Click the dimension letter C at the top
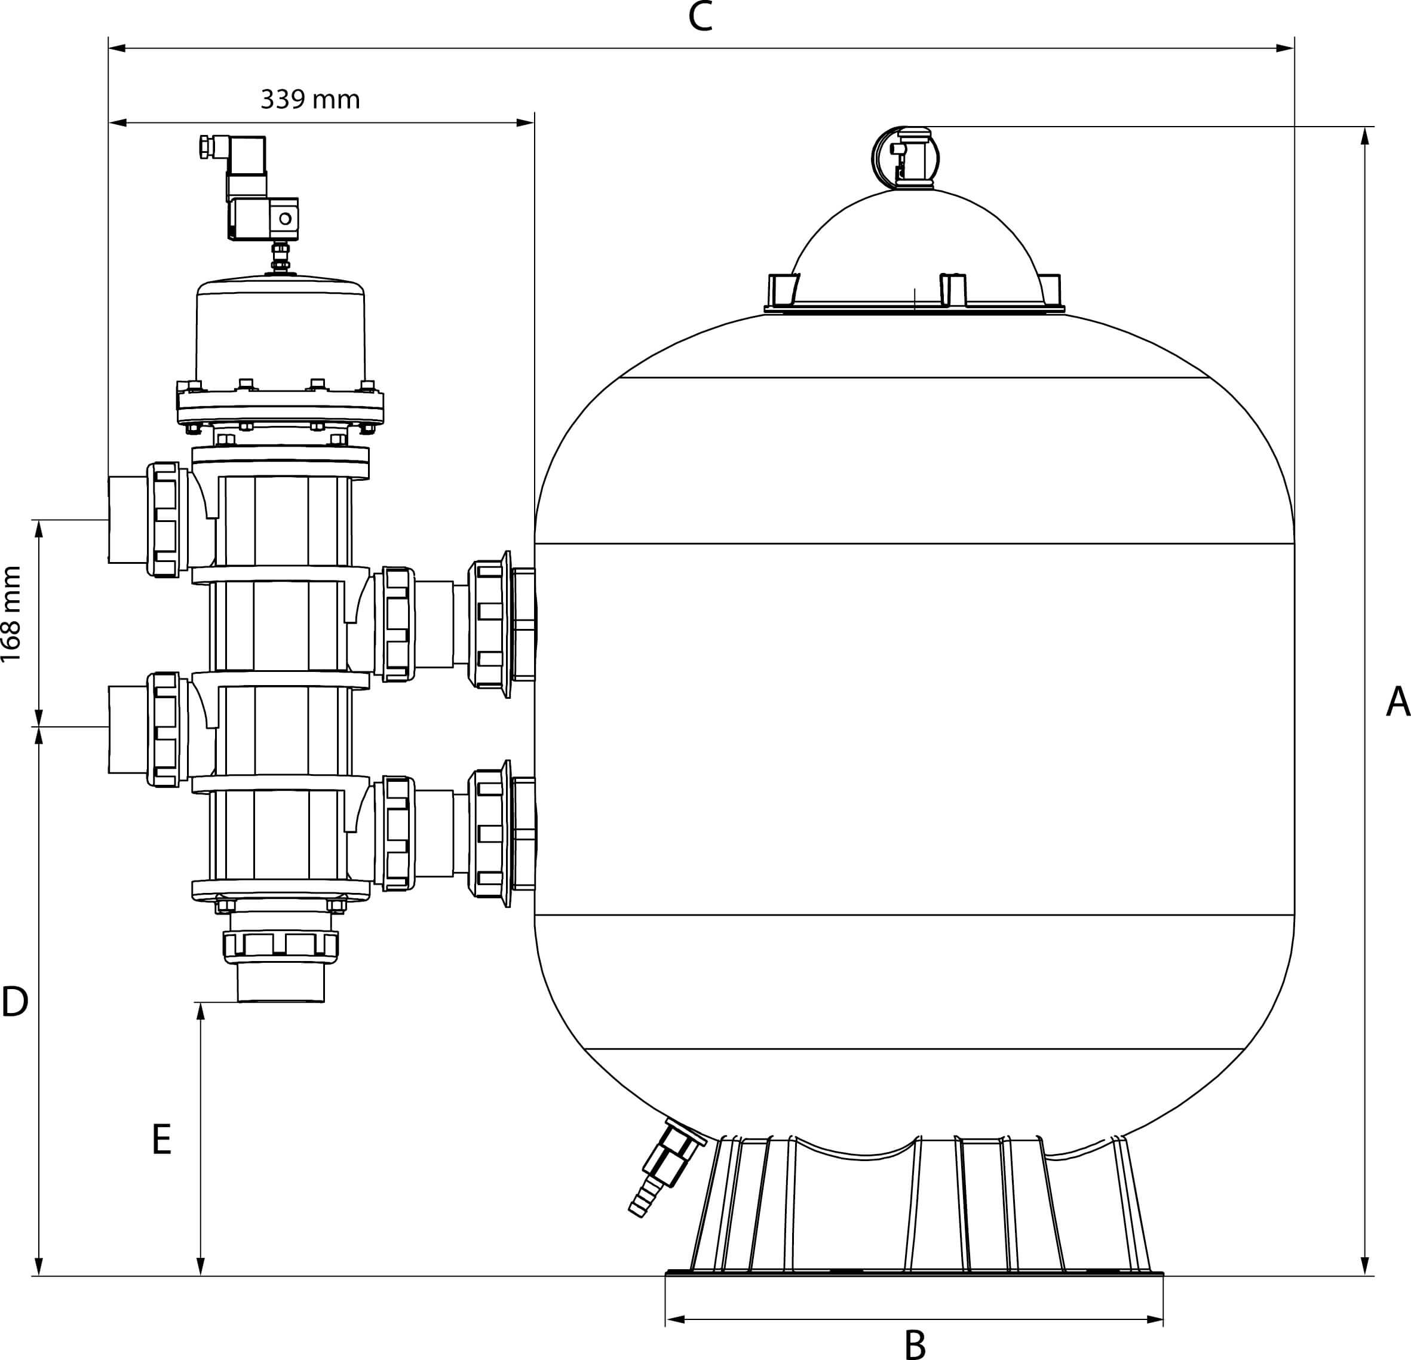pyautogui.click(x=700, y=18)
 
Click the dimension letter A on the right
pyautogui.click(x=1397, y=702)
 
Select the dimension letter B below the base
pyautogui.click(x=914, y=1343)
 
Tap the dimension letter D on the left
pyautogui.click(x=15, y=1002)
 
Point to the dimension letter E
pyautogui.click(x=162, y=1140)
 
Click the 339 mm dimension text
pyautogui.click(x=310, y=99)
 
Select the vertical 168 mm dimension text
pyautogui.click(x=11, y=614)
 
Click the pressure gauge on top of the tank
pyautogui.click(x=906, y=158)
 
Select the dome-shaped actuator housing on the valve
pyautogui.click(x=280, y=335)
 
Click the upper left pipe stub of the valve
pyautogui.click(x=127, y=519)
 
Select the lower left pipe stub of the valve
pyautogui.click(x=127, y=729)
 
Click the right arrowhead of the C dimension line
pyautogui.click(x=1285, y=48)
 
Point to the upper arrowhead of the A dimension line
pyautogui.click(x=1364, y=136)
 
